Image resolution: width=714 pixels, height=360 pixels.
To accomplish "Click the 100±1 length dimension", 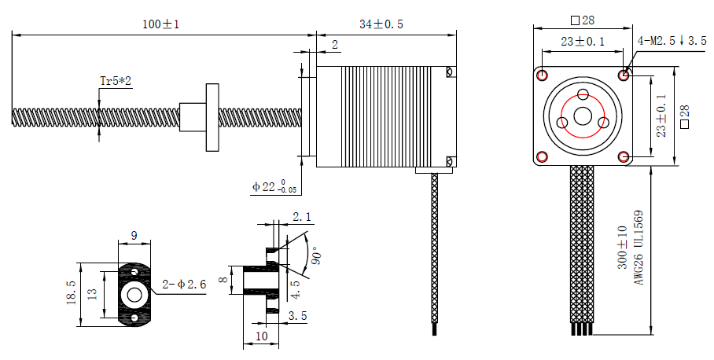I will pyautogui.click(x=161, y=24).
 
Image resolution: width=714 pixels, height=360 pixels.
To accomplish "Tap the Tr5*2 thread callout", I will pyautogui.click(x=115, y=81).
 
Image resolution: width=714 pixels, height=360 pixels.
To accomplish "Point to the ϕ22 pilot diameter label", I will pyautogui.click(x=274, y=187).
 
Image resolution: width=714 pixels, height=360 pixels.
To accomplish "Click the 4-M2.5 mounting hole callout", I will pyautogui.click(x=672, y=40).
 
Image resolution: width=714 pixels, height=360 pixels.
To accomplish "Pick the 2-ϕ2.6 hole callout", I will pyautogui.click(x=184, y=285).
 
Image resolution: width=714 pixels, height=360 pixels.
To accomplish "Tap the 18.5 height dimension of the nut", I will pyautogui.click(x=72, y=293).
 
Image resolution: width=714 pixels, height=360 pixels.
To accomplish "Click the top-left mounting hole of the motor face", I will pyautogui.click(x=543, y=75).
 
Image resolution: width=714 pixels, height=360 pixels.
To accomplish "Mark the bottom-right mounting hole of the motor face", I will pyautogui.click(x=624, y=156).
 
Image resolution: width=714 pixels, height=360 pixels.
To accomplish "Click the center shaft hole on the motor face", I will pyautogui.click(x=583, y=116).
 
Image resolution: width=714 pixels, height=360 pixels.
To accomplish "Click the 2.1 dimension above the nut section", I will pyautogui.click(x=301, y=217).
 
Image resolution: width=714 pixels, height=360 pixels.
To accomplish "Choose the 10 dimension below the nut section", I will pyautogui.click(x=262, y=336).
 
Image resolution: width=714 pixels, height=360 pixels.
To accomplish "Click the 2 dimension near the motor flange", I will pyautogui.click(x=334, y=46).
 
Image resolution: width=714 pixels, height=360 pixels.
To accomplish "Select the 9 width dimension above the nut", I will pyautogui.click(x=134, y=235).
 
